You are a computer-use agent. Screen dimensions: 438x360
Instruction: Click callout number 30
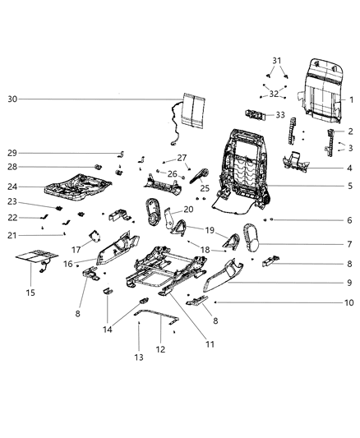coord(12,99)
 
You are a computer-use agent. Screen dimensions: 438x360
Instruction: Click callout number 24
coord(12,186)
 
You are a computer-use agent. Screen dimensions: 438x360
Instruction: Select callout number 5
coord(350,187)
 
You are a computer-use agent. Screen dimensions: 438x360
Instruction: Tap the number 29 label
coord(12,153)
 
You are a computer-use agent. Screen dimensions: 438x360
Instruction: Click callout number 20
coord(188,210)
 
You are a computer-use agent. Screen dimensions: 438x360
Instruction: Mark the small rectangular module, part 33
coord(255,113)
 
